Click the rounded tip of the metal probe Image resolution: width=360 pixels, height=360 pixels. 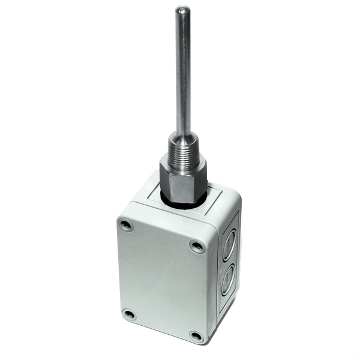pos(182,8)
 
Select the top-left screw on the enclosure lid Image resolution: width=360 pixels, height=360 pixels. pos(125,225)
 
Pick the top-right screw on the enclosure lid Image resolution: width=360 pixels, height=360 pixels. pos(197,245)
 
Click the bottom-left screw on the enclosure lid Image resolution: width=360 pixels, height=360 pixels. pos(128,314)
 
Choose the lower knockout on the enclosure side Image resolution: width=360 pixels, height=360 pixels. pos(227,280)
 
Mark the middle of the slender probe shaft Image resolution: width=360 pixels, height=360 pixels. pos(182,72)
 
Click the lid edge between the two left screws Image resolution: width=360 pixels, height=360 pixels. pos(120,270)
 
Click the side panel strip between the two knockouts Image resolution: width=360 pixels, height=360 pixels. pos(228,263)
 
